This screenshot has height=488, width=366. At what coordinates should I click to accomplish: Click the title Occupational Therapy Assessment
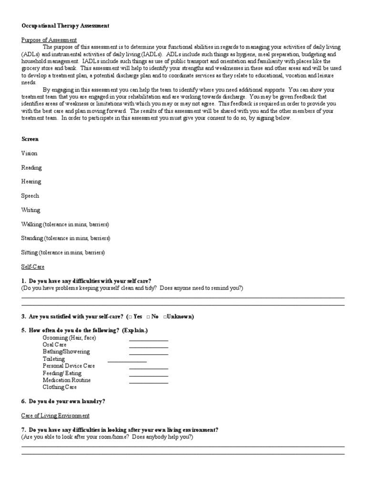(x=65, y=26)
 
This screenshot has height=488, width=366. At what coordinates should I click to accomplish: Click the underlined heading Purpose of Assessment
(x=49, y=40)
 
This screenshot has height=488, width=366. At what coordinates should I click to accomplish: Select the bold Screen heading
(x=30, y=139)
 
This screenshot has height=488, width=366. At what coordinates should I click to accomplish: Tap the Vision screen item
(x=29, y=153)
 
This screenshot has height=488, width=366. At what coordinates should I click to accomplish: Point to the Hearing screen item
(x=31, y=182)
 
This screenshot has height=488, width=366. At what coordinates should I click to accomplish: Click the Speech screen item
(x=30, y=196)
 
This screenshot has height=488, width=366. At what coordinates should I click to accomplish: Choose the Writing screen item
(x=31, y=210)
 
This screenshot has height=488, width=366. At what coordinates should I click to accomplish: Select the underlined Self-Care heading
(x=33, y=267)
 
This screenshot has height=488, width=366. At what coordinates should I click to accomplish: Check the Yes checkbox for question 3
(x=130, y=316)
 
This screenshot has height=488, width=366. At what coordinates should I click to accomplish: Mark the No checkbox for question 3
(x=148, y=316)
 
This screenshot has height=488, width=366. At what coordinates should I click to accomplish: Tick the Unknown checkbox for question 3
(x=165, y=316)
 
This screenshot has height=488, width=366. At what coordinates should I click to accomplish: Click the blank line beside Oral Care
(x=148, y=347)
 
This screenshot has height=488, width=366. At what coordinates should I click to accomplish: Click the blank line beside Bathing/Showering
(x=148, y=355)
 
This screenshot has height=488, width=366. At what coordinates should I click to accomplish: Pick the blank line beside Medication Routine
(x=148, y=383)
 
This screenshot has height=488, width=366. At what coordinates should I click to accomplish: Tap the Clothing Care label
(x=60, y=387)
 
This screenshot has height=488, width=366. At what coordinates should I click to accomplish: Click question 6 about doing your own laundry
(x=63, y=402)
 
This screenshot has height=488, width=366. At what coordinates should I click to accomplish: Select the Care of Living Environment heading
(x=55, y=416)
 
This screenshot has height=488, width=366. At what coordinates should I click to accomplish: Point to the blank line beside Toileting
(x=127, y=362)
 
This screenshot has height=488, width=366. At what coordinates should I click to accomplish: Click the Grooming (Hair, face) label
(x=69, y=337)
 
